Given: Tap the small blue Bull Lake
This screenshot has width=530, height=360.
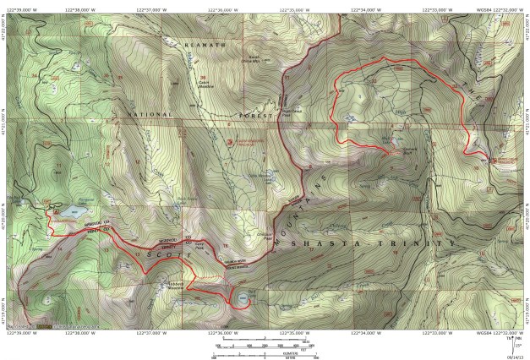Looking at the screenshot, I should [x=243, y=297].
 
